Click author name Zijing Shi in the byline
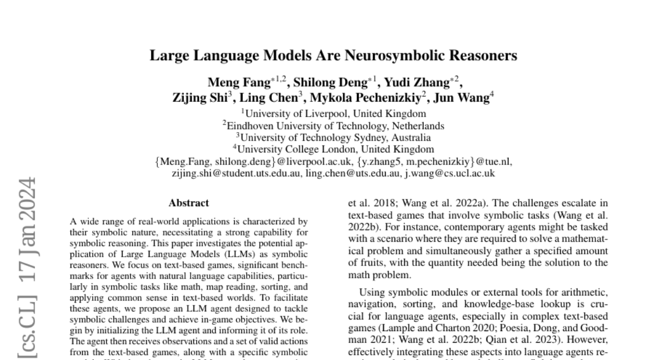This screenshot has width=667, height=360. coord(196,98)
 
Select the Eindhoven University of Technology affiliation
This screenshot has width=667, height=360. coord(333,126)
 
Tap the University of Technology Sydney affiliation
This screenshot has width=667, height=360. coord(333,137)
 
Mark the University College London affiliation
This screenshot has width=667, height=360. coord(333,149)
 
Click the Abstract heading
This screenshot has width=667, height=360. coord(189,203)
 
